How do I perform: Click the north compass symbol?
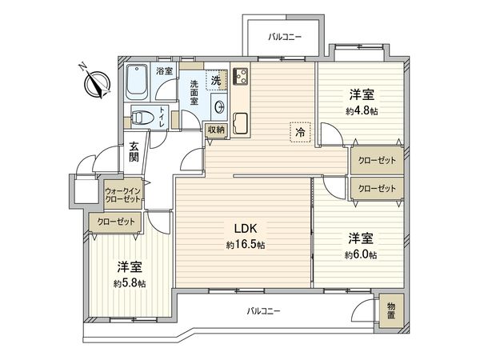coord(98,83)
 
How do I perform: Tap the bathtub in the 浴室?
coord(137,82)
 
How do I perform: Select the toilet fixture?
coord(142,117)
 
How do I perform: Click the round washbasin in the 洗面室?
coord(219,107)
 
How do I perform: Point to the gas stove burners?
coord(240,76)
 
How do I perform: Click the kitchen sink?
coord(240,123)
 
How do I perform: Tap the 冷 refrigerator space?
coord(300,132)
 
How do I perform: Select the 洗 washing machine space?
coord(217,80)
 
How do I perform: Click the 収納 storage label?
coord(217,130)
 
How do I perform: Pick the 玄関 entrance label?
coord(134,151)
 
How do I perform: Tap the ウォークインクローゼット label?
coord(122,195)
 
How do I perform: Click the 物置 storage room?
coord(391,310)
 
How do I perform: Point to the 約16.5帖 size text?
coord(246,245)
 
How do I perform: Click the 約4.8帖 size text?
coord(362,111)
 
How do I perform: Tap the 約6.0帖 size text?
coord(361,255)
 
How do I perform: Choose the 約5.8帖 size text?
coord(130,283)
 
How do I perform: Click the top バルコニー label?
coord(285,38)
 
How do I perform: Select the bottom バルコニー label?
coord(263,312)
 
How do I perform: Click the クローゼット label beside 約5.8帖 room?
coord(116,222)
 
